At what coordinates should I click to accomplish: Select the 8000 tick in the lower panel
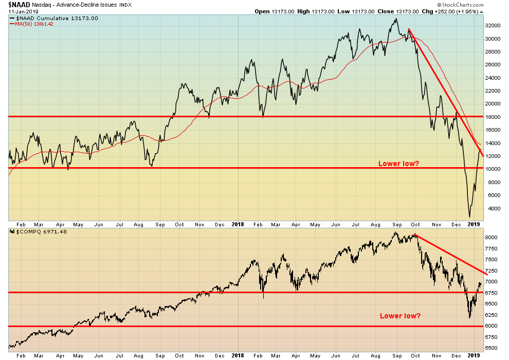[491, 238]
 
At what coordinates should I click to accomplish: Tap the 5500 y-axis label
[491, 348]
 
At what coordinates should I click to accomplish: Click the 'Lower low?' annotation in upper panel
[398, 164]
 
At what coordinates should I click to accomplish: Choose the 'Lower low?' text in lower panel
[400, 315]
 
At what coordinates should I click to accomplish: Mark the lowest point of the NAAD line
[469, 217]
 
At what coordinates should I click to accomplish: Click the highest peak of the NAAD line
[395, 19]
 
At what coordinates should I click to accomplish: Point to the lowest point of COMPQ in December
[469, 317]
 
